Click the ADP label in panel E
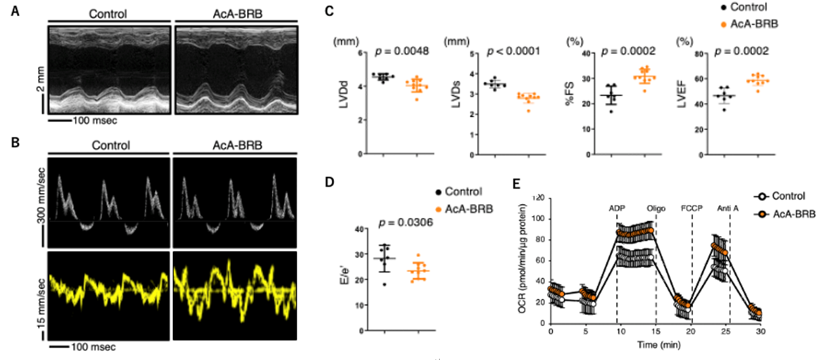pos(617,208)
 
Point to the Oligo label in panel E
pos(657,208)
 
